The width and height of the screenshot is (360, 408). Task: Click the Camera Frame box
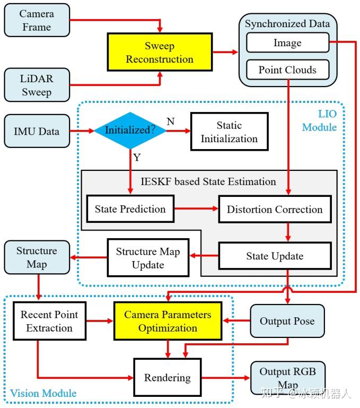[x=37, y=20]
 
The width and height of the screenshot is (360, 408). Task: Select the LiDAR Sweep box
[x=37, y=85]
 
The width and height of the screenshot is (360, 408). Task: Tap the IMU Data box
[x=37, y=131]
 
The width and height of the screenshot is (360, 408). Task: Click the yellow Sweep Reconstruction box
[x=160, y=52]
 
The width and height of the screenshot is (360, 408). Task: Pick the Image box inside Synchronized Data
[x=288, y=42]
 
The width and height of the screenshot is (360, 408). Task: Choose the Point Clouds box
[x=288, y=70]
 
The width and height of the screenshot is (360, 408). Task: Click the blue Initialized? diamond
[x=130, y=131]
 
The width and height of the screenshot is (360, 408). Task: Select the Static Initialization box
[x=230, y=132]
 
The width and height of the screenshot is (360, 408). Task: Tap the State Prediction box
[x=130, y=209]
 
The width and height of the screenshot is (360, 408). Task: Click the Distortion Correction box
[x=275, y=209]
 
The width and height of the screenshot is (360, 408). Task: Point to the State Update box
[x=275, y=256]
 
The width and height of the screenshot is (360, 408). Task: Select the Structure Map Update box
[x=148, y=258]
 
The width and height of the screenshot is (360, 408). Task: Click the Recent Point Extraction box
[x=49, y=321]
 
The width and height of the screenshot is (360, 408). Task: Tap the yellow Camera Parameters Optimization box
[x=168, y=321]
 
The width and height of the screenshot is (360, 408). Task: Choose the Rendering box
[x=168, y=377]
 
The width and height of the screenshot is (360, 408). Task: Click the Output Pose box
[x=287, y=321]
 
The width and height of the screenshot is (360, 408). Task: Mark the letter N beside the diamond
[x=171, y=121]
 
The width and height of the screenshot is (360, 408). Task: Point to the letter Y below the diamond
[x=137, y=158]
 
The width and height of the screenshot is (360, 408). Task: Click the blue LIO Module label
[x=319, y=120]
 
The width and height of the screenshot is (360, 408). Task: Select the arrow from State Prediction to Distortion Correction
[x=196, y=209]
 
